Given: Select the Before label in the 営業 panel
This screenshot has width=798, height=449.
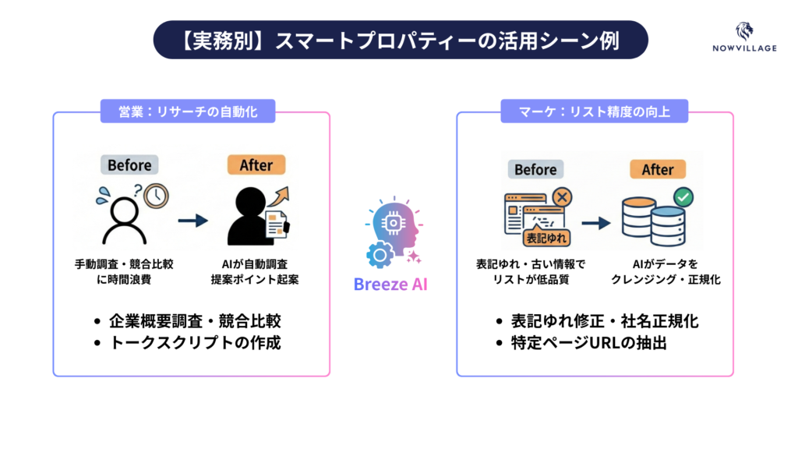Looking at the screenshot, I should pyautogui.click(x=129, y=165).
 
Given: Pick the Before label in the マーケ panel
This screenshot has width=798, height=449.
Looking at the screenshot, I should pyautogui.click(x=535, y=169).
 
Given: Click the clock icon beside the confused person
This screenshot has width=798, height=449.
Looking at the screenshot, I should pyautogui.click(x=156, y=195).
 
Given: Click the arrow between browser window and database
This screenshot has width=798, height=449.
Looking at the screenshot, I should pyautogui.click(x=595, y=223).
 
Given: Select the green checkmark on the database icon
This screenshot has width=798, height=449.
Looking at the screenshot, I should pyautogui.click(x=684, y=197).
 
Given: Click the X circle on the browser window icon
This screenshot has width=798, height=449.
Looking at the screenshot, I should pyautogui.click(x=559, y=196).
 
